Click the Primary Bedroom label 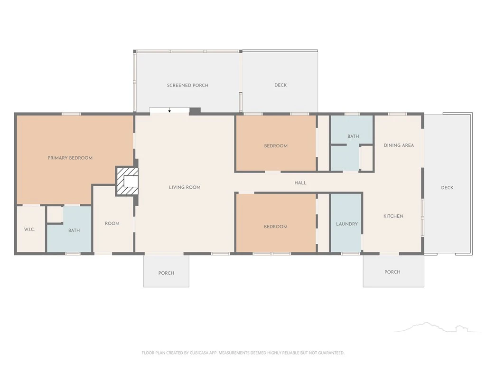click(x=70, y=158)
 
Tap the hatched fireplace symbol click(x=127, y=181)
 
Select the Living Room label click(x=185, y=187)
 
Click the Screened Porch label click(x=187, y=86)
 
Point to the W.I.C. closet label click(x=29, y=230)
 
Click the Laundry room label click(x=347, y=224)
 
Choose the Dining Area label click(x=399, y=145)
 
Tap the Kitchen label click(x=393, y=216)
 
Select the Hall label click(x=300, y=183)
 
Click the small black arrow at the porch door click(x=169, y=111)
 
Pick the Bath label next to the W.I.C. click(x=74, y=231)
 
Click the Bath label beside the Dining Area click(x=353, y=136)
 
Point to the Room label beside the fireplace click(x=112, y=223)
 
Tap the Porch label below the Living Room click(x=166, y=273)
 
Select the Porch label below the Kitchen click(x=393, y=272)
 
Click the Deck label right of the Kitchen click(x=447, y=187)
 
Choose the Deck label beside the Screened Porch click(x=280, y=85)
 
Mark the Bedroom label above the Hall click(x=276, y=146)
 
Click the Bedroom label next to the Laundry click(x=276, y=227)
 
